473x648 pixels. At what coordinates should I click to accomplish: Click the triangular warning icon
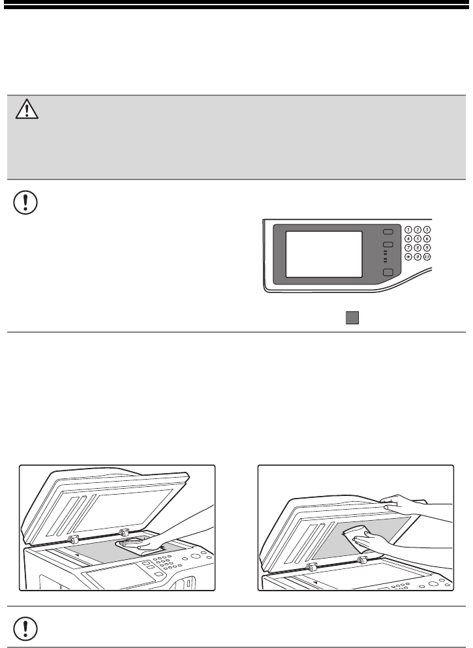tap(27, 109)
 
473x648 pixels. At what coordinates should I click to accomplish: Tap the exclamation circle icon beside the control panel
tap(25, 202)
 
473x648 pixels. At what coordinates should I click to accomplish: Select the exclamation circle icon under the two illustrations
tap(25, 629)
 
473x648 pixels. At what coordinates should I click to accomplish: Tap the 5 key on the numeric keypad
tap(418, 239)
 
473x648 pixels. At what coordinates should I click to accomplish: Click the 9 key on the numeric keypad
tap(427, 248)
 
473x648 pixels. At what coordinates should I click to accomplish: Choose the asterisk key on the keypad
tap(408, 257)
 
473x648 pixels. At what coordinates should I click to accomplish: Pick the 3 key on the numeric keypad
tap(427, 230)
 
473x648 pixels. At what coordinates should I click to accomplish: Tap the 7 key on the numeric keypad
tap(408, 248)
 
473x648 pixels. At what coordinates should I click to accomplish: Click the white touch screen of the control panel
tap(324, 254)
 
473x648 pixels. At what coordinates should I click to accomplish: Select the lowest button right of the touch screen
tap(388, 272)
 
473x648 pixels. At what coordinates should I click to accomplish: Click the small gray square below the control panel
tap(352, 318)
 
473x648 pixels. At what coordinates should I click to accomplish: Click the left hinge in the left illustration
tap(72, 538)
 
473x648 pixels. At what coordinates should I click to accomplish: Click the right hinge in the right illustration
tap(362, 561)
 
